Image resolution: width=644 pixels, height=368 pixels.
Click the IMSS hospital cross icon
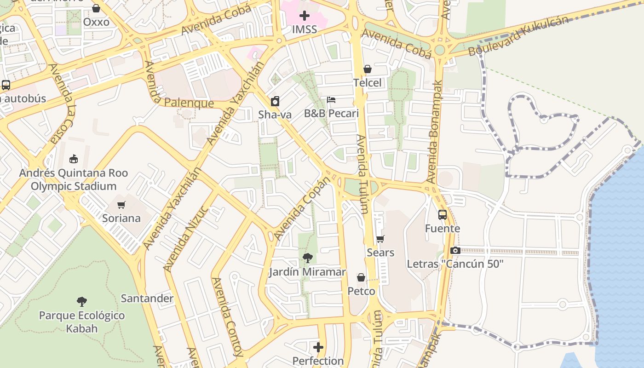[304, 16]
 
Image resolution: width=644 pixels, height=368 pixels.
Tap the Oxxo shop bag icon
[96, 8]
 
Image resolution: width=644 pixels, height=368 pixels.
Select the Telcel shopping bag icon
[368, 69]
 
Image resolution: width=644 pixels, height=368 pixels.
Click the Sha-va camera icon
[275, 101]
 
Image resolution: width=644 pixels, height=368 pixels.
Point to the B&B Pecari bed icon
[331, 99]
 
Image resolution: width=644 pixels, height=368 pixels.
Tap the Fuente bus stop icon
[442, 215]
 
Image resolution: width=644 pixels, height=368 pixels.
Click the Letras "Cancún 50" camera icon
[455, 250]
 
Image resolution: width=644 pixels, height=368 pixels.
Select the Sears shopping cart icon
[380, 239]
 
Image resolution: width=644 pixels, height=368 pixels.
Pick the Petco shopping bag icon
[361, 277]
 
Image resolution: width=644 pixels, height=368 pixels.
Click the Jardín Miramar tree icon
[307, 258]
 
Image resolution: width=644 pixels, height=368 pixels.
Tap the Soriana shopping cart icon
[121, 205]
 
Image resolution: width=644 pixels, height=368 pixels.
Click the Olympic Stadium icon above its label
[73, 159]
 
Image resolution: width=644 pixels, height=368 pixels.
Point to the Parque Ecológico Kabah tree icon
[82, 302]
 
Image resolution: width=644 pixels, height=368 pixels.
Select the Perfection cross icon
[318, 347]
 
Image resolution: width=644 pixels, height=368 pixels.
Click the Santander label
[147, 298]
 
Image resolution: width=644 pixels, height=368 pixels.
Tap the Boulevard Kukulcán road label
[518, 36]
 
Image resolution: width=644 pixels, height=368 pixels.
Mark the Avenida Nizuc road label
[186, 239]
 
